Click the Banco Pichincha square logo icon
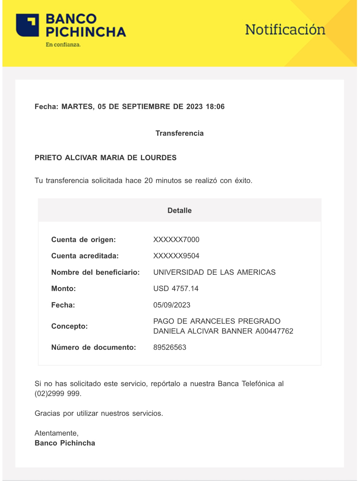pyautogui.click(x=27, y=25)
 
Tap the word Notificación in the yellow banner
pyautogui.click(x=285, y=30)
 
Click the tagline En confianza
pyautogui.click(x=63, y=45)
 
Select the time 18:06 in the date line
pyautogui.click(x=215, y=107)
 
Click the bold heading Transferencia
pyautogui.click(x=179, y=133)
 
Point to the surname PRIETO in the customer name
pyautogui.click(x=48, y=158)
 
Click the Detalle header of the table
pyautogui.click(x=179, y=211)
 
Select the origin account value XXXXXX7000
pyautogui.click(x=176, y=240)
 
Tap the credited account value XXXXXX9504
pyautogui.click(x=176, y=256)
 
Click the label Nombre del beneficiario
pyautogui.click(x=95, y=272)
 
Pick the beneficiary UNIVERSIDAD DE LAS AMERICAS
pyautogui.click(x=214, y=272)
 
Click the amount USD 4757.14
pyautogui.click(x=176, y=289)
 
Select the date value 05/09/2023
pyautogui.click(x=172, y=305)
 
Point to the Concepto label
pyautogui.click(x=69, y=326)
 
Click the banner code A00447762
pyautogui.click(x=274, y=331)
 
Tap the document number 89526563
pyautogui.click(x=170, y=347)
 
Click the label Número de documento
pyautogui.click(x=94, y=347)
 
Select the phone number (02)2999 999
pyautogui.click(x=58, y=394)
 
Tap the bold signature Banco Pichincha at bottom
pyautogui.click(x=65, y=443)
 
